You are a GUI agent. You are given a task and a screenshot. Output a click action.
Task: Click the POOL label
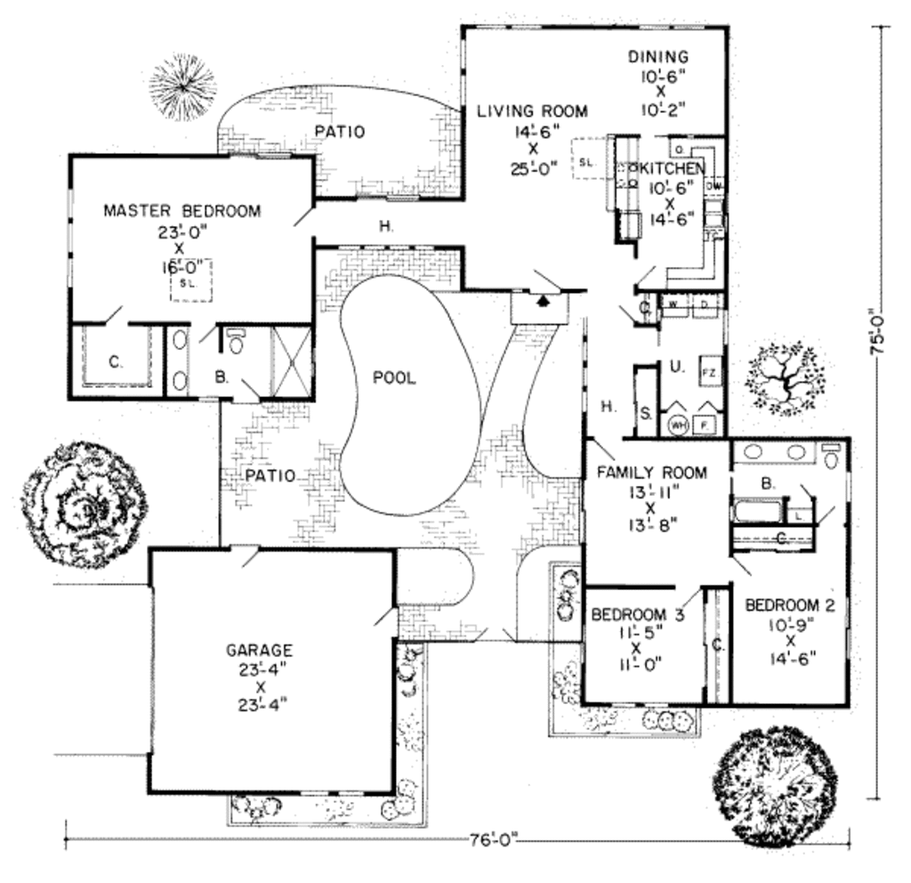tap(394, 377)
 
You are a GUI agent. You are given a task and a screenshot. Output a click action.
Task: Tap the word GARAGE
tap(259, 651)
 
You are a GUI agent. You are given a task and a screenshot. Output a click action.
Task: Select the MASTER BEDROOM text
tap(182, 211)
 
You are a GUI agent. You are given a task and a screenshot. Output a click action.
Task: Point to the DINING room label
tap(658, 57)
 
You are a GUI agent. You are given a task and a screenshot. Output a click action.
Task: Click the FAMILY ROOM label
tap(652, 473)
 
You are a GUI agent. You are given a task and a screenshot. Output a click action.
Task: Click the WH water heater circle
tap(678, 425)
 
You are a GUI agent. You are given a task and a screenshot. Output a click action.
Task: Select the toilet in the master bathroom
tap(236, 342)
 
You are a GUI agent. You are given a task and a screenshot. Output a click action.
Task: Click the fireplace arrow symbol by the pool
tap(540, 302)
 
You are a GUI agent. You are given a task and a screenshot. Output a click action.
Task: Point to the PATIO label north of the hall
tap(340, 132)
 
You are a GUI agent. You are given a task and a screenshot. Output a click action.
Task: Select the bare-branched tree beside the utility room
tap(784, 381)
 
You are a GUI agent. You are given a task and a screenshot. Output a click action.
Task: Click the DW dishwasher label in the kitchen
tap(714, 186)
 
